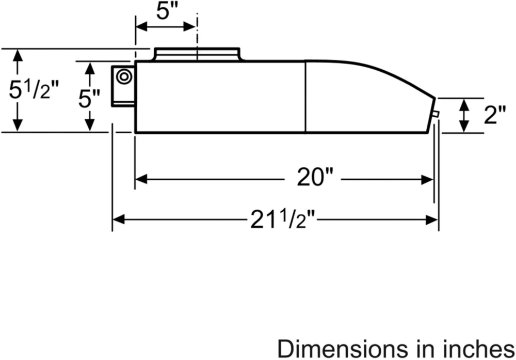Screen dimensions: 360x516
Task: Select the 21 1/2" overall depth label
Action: [x=283, y=220]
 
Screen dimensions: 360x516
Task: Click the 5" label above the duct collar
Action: [x=166, y=11]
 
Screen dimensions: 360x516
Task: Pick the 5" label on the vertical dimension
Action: [x=89, y=99]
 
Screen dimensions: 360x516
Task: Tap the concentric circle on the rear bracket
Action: [x=124, y=76]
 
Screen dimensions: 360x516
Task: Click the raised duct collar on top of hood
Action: [x=198, y=54]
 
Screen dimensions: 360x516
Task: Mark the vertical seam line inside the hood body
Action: [x=306, y=97]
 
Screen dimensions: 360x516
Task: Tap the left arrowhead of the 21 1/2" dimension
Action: [x=118, y=220]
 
